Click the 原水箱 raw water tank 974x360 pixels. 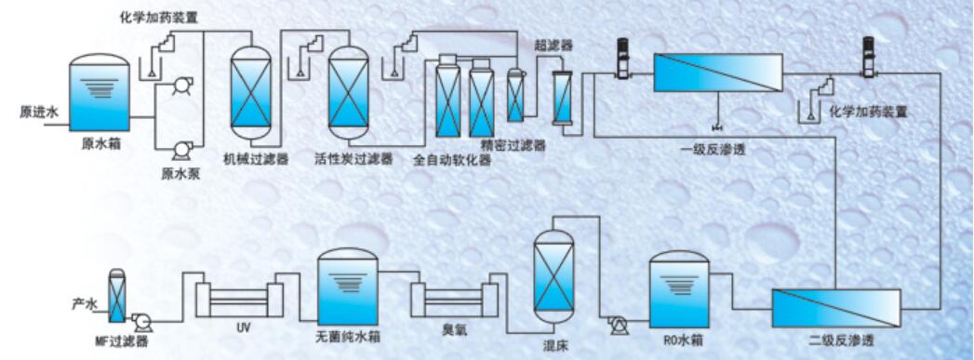tap(100, 93)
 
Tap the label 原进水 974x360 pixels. tap(39, 112)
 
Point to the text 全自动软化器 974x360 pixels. tap(452, 160)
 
